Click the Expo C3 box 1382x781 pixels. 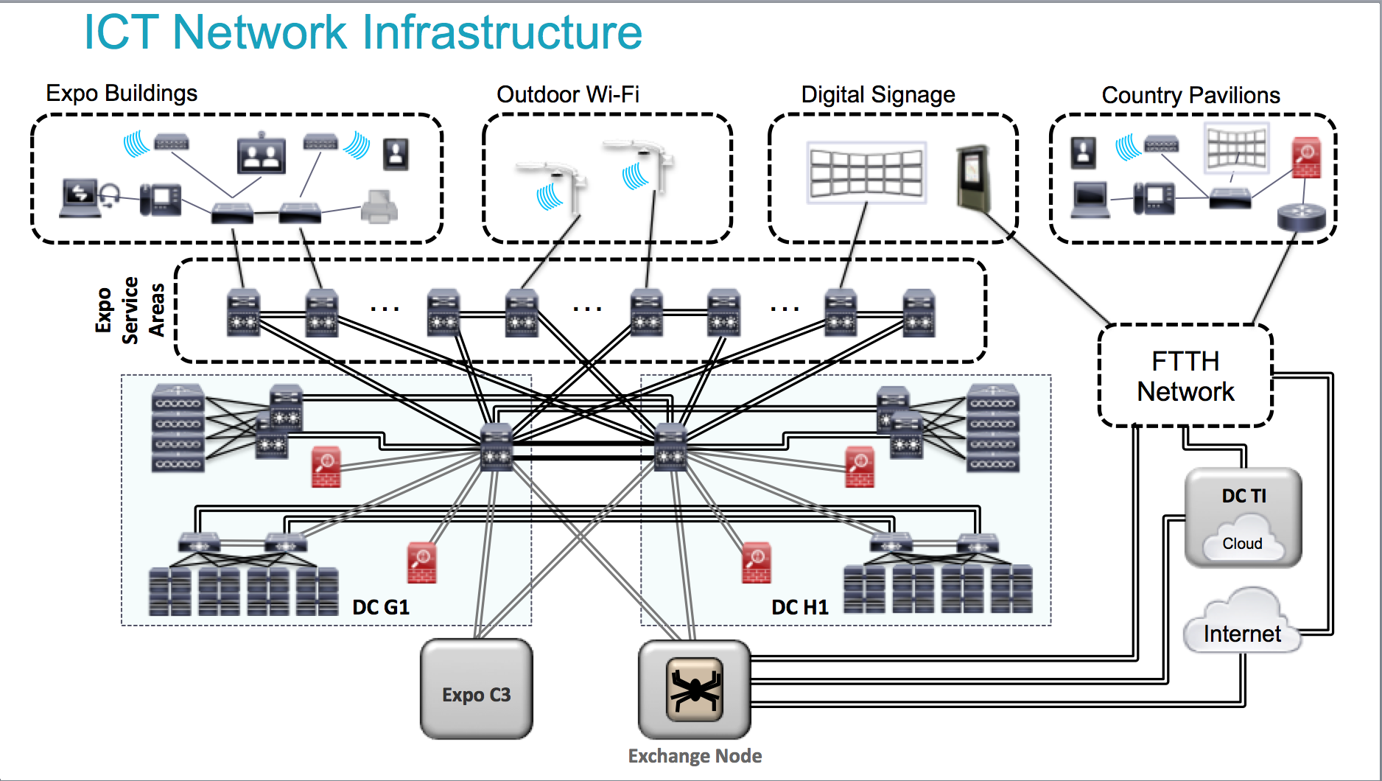point(476,690)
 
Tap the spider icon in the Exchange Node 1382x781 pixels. point(694,690)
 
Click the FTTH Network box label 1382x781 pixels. point(1185,377)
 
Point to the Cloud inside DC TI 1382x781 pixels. point(1243,542)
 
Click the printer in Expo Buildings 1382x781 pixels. point(379,207)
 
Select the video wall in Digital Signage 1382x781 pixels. point(866,172)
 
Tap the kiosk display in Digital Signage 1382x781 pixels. point(972,177)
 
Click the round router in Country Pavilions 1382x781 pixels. point(1301,217)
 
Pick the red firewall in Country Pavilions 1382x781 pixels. point(1306,158)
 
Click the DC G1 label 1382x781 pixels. point(380,607)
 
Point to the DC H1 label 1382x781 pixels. point(799,607)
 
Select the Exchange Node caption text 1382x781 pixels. point(695,756)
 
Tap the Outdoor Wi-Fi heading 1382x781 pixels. point(567,94)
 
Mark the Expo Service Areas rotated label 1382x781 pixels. point(130,310)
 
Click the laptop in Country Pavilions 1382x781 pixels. point(1090,199)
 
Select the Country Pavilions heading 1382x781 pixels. point(1190,95)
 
